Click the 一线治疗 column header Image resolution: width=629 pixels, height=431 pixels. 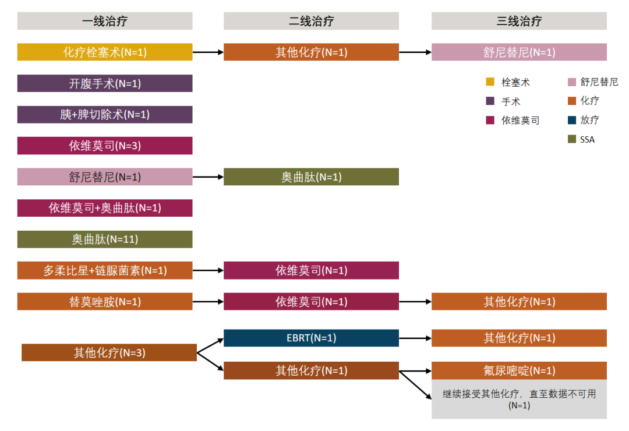pos(105,22)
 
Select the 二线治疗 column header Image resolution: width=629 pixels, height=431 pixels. pos(311,22)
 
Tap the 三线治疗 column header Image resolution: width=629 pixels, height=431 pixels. pos(519,22)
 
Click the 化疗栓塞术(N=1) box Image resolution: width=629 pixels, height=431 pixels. pos(105,52)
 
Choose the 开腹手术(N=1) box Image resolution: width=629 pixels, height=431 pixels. pos(105,83)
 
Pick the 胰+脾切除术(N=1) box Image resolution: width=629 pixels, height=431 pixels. pos(105,115)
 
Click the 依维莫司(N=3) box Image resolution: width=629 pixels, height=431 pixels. pos(105,146)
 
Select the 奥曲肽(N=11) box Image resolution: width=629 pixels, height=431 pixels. pos(105,239)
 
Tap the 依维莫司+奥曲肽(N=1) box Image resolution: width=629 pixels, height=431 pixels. pos(105,208)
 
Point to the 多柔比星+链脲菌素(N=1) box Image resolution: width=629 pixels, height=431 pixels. pos(105,270)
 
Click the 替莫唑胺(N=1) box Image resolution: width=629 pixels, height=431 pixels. pos(105,302)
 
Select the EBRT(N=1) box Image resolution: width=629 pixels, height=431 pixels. pos(311,338)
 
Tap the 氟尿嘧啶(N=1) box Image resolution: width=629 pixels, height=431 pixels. pos(519,370)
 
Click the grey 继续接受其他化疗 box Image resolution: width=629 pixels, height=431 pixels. pos(519,400)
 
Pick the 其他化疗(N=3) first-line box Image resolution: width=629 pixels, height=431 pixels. pos(109,352)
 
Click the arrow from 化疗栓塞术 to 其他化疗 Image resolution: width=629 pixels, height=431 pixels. pos(208,52)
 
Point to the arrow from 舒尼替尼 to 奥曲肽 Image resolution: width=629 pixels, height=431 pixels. pos(208,176)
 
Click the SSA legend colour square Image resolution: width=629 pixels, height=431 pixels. pos(490,139)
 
